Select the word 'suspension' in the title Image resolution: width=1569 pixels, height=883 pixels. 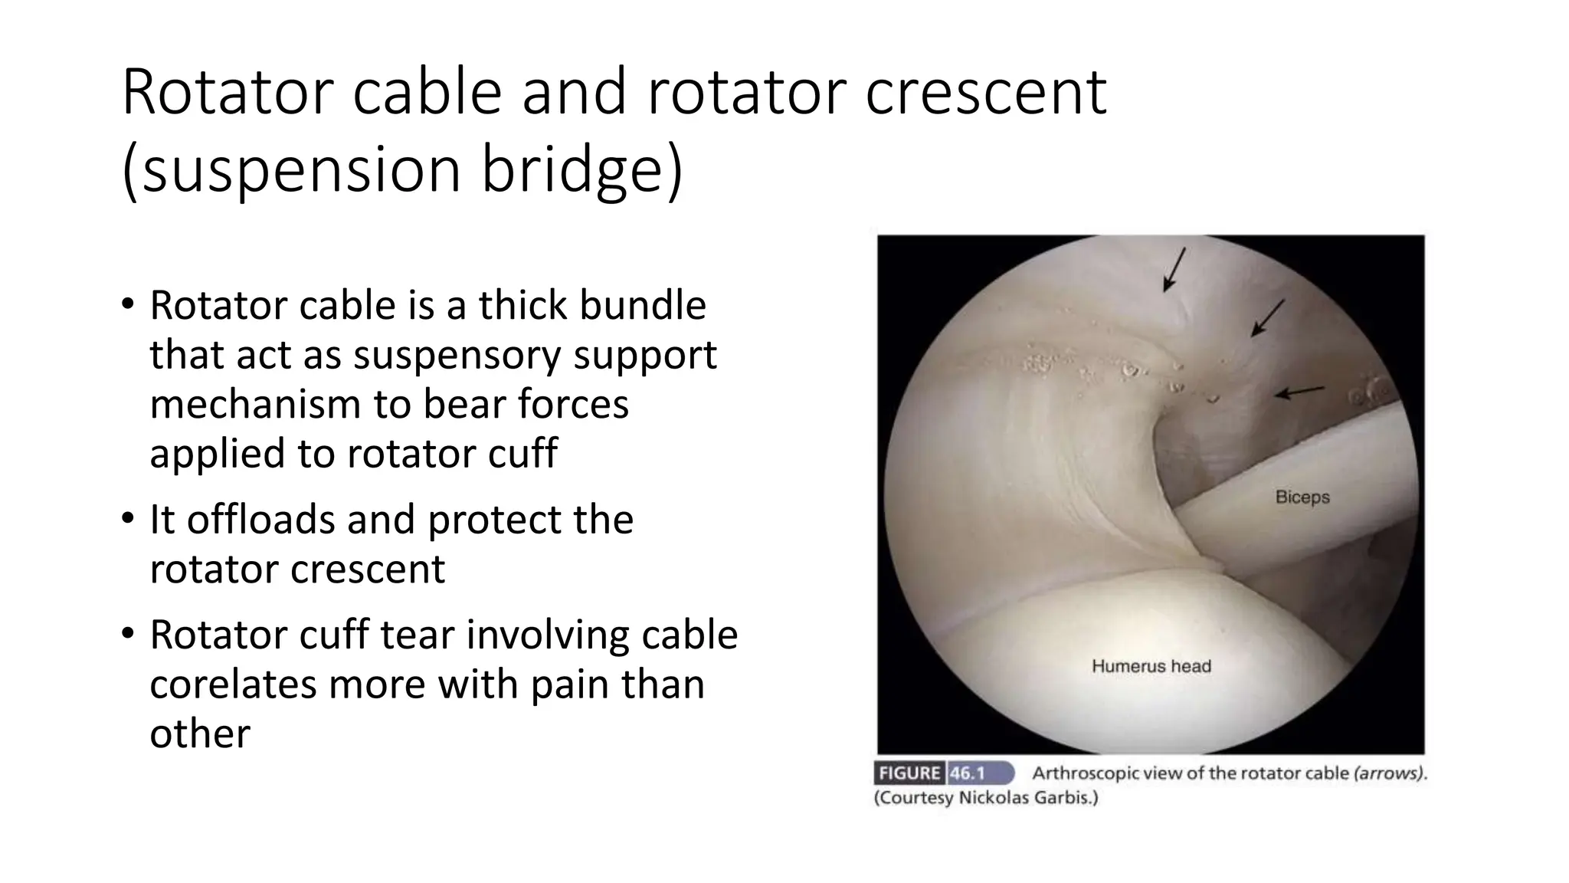302,170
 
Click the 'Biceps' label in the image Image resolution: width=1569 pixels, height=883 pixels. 1302,497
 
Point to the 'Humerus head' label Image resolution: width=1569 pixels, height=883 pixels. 1151,666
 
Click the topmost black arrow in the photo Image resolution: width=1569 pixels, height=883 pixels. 1174,269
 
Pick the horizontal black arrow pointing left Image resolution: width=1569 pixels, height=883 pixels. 1299,392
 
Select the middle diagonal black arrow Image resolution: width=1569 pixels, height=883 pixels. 1268,317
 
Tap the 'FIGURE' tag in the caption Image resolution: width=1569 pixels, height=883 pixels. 909,773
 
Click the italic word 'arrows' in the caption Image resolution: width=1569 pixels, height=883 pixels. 1388,773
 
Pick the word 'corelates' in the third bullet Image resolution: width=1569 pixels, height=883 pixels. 233,684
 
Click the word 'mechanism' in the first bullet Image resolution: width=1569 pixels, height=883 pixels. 255,404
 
